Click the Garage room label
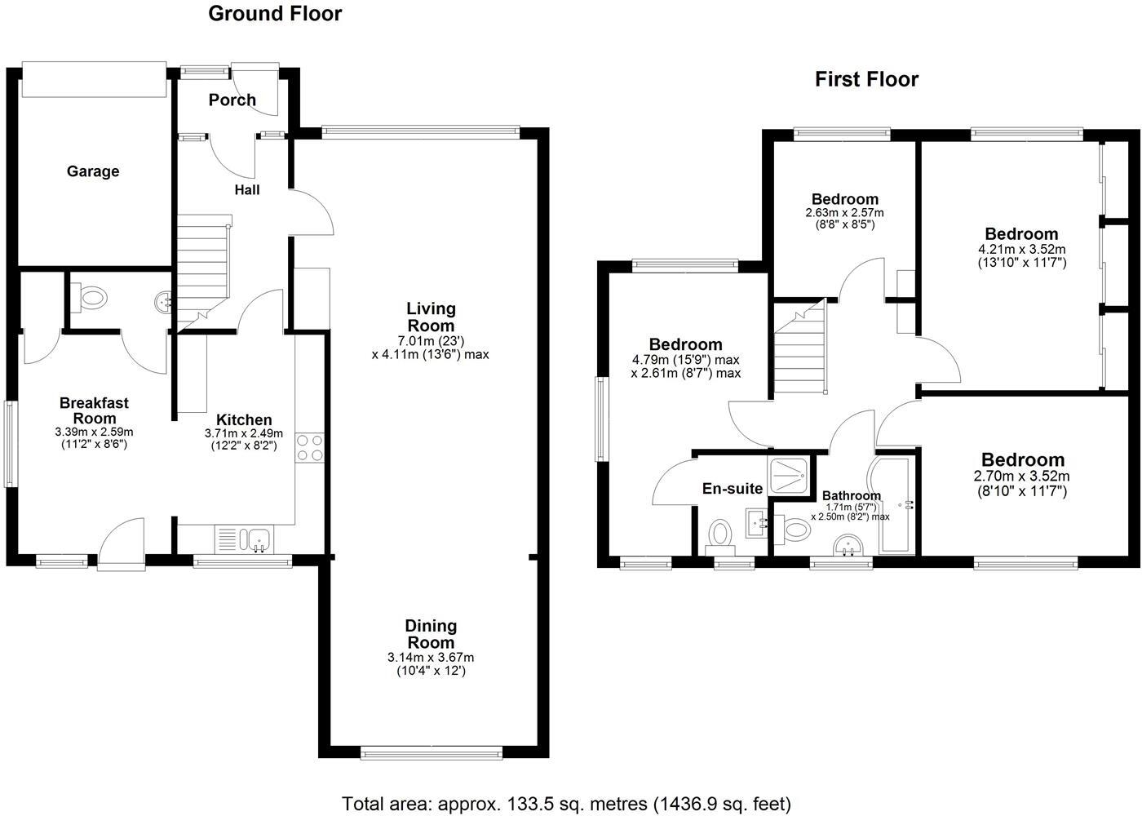(93, 171)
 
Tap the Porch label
(232, 100)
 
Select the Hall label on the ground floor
(247, 190)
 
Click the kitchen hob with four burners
(310, 447)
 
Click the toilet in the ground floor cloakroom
(91, 298)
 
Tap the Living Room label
(431, 317)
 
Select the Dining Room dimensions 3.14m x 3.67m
(431, 657)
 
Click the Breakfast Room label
(94, 410)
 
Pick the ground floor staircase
(201, 261)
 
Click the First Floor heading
(866, 79)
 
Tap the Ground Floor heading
(275, 14)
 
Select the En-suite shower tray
(790, 475)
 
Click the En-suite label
(733, 489)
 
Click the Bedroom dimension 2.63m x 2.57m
(844, 212)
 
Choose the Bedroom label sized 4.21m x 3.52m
(1021, 234)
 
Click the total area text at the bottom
(566, 804)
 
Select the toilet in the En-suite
(719, 536)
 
